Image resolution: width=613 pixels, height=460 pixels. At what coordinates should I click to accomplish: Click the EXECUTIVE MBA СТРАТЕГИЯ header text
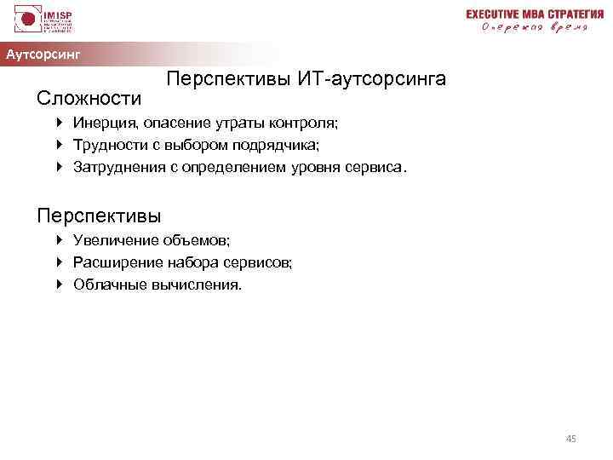tap(528, 14)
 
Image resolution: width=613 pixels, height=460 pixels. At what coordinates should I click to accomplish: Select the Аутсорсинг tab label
tap(43, 55)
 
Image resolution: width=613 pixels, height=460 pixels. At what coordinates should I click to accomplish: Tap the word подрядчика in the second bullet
tap(282, 146)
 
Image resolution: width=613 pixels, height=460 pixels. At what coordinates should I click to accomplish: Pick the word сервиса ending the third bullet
tap(376, 168)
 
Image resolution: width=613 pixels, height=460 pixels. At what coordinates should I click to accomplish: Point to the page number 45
tap(570, 439)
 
